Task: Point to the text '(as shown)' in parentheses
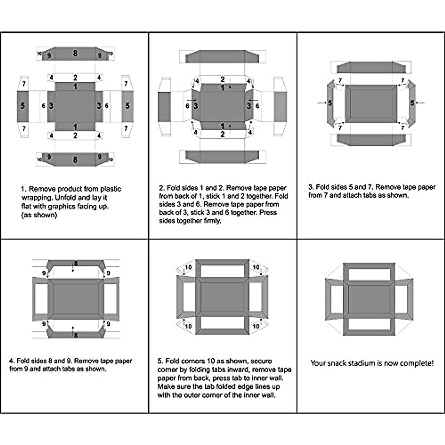pos(39,215)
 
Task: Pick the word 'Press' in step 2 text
pos(268,213)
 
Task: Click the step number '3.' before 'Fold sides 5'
pos(311,187)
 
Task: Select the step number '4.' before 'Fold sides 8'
pos(12,361)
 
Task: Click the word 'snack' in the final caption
pos(337,363)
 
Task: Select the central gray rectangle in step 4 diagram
pos(76,299)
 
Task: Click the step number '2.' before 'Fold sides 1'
pos(162,188)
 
